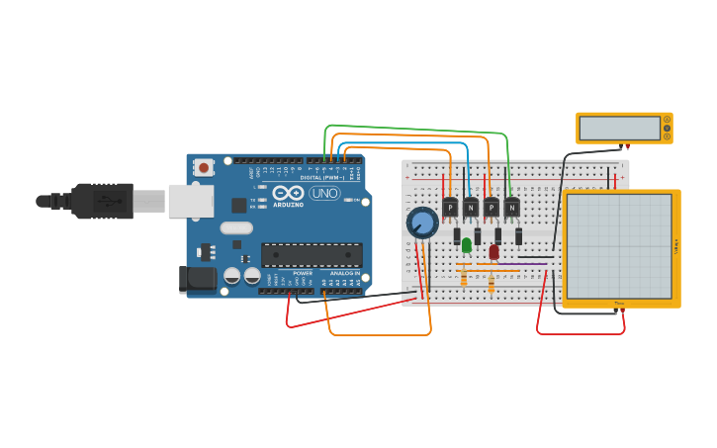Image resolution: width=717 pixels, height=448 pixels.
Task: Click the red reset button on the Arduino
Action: [204, 168]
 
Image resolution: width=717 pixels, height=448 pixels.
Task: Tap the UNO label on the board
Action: [323, 193]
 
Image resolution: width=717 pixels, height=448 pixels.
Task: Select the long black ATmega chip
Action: [312, 254]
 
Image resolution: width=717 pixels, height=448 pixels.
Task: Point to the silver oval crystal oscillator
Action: [236, 228]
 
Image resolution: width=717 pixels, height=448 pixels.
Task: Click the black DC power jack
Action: [198, 279]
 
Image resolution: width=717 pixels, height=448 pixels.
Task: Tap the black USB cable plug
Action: [101, 201]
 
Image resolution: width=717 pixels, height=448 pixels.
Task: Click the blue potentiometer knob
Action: [422, 223]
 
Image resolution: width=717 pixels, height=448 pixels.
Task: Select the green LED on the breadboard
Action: [466, 245]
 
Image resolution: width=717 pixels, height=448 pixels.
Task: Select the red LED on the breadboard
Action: [493, 252]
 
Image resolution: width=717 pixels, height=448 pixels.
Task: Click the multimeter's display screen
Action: [619, 129]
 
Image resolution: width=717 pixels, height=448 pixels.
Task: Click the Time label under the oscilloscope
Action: [619, 303]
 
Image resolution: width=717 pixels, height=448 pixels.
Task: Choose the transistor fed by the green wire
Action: [511, 208]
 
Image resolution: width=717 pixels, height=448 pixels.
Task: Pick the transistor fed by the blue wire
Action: [470, 208]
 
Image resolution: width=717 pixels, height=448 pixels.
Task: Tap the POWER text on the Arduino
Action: [302, 273]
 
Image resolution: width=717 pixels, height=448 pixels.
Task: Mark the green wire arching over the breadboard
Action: [415, 129]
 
